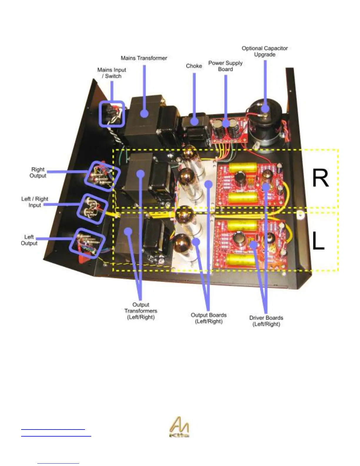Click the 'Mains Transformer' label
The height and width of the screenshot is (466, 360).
[144, 58]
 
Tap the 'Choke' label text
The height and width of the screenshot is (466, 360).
[194, 66]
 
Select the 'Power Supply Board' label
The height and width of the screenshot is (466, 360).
[225, 66]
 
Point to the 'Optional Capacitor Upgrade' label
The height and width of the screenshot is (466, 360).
[265, 51]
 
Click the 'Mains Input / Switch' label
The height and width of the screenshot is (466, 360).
[111, 73]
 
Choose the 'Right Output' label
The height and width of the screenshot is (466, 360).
[38, 172]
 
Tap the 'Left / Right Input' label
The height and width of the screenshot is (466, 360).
[35, 202]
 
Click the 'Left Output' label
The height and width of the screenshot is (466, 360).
[29, 240]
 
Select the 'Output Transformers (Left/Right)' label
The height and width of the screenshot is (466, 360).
[141, 311]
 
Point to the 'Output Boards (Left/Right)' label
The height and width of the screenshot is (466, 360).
[209, 318]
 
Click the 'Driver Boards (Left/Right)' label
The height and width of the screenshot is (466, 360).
[266, 321]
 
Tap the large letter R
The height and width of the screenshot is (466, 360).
[320, 178]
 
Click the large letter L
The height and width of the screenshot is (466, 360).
[318, 241]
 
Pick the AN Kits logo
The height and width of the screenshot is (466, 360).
[179, 427]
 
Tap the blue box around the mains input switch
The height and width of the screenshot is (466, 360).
[111, 114]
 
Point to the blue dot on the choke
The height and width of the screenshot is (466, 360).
[194, 121]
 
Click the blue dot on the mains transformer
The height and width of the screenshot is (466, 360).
[144, 114]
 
